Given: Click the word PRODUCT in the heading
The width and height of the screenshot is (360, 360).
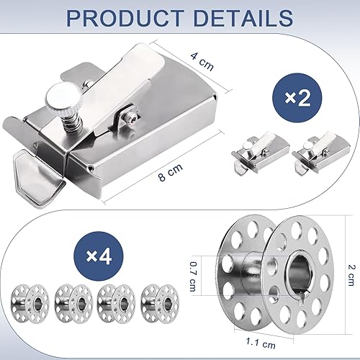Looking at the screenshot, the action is point(124,18).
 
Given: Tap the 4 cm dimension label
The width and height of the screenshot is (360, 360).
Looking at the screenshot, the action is point(202,62).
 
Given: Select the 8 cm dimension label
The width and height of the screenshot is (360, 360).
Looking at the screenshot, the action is point(171,172).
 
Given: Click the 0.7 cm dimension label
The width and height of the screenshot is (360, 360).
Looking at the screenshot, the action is point(193,276).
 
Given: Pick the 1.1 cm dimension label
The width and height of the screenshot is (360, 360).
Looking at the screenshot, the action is point(261,343).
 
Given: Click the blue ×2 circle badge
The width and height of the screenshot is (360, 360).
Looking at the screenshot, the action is point(297,98).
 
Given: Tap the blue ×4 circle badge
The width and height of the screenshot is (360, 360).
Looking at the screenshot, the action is point(99,256).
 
